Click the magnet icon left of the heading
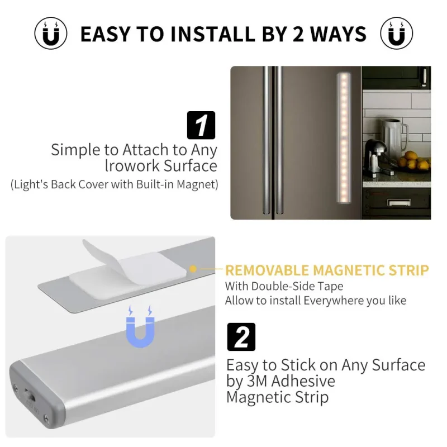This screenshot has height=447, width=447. (51, 33)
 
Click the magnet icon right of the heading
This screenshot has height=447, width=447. (397, 33)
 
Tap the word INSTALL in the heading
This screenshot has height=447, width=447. (213, 34)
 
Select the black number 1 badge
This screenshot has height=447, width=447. (201, 125)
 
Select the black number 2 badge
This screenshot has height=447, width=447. (241, 337)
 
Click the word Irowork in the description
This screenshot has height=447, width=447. (132, 166)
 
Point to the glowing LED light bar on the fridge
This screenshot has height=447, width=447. (344, 137)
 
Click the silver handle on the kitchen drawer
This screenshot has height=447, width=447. (399, 202)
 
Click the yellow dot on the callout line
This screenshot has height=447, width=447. (193, 269)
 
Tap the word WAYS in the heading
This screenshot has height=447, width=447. (339, 34)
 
